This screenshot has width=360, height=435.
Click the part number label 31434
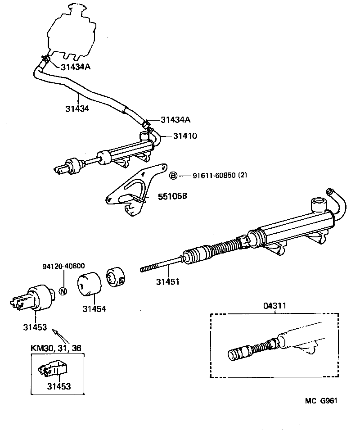[x=76, y=109]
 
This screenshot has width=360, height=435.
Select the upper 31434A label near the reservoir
[x=76, y=67]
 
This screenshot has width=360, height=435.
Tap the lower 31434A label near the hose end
[x=176, y=120]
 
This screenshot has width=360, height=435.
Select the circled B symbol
[x=173, y=176]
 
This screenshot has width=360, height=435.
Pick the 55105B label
[x=172, y=197]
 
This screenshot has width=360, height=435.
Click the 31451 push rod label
[x=168, y=282]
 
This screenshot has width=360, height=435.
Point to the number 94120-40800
[x=64, y=266]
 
